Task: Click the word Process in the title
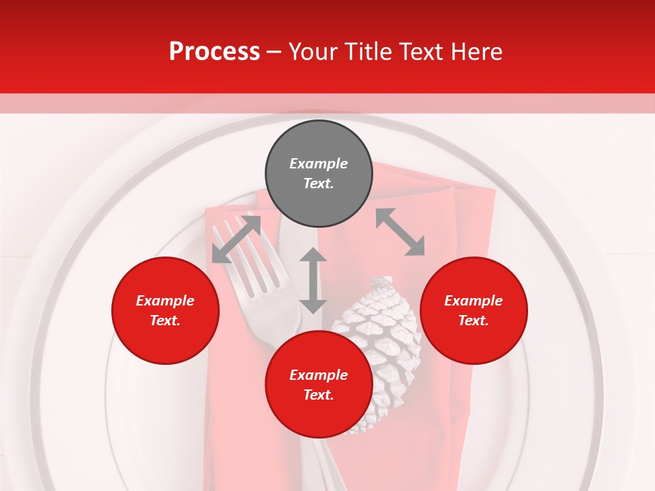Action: point(214,52)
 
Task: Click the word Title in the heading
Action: point(368,52)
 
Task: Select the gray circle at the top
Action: point(319,174)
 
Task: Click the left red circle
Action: point(165,310)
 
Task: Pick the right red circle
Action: point(474,310)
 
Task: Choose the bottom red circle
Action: point(319,385)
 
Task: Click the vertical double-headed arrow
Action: point(313,280)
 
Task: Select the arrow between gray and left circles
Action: point(236,238)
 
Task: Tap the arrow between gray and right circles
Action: point(400,232)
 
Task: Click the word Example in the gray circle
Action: point(319,164)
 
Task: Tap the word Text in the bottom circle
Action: point(317,395)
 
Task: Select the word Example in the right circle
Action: point(474,301)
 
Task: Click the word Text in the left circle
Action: point(164,321)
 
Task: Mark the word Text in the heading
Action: point(422,52)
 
